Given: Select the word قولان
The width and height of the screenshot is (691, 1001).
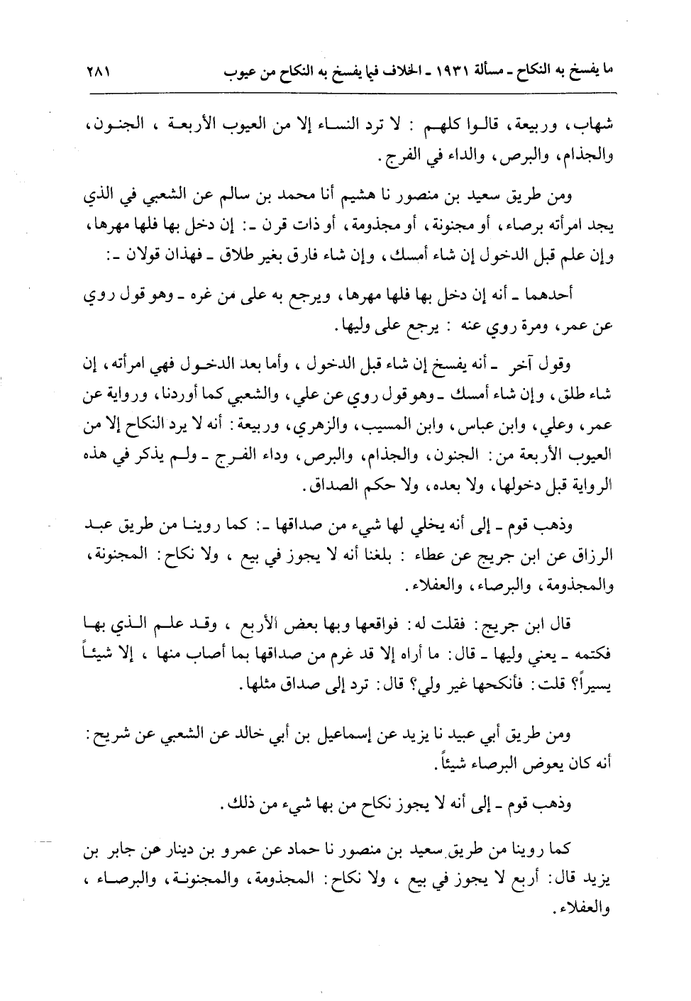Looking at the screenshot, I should (132, 253).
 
